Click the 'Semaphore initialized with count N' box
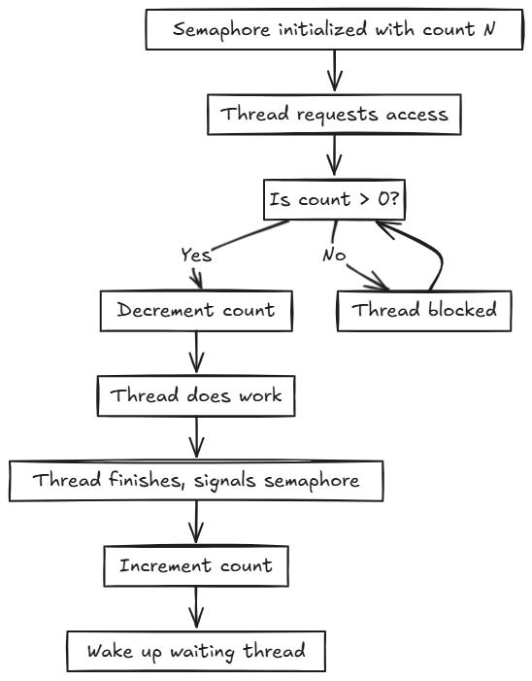tap(334, 29)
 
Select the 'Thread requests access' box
tap(334, 115)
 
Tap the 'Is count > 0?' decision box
tap(334, 199)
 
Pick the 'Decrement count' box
tap(196, 311)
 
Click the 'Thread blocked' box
tap(424, 311)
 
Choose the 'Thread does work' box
tap(196, 396)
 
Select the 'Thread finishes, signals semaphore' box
tap(196, 481)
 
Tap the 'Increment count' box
tap(196, 566)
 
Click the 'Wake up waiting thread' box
tap(196, 652)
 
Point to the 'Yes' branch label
tap(196, 255)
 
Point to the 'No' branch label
tap(334, 255)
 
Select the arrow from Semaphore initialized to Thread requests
tap(334, 71)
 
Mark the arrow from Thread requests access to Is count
tap(334, 155)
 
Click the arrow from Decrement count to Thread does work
tap(196, 353)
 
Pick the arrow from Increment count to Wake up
tap(196, 607)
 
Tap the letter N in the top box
tap(488, 29)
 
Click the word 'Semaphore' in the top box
tap(221, 30)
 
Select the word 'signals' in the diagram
tap(225, 482)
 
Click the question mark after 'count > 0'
tap(393, 198)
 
